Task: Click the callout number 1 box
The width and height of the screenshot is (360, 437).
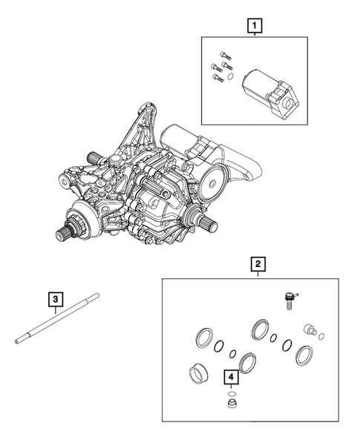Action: (255, 27)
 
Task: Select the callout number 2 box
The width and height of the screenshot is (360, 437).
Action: (258, 263)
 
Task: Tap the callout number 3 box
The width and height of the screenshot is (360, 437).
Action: (56, 300)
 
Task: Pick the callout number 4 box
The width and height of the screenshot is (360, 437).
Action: (232, 376)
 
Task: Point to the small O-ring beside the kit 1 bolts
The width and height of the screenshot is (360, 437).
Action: (231, 76)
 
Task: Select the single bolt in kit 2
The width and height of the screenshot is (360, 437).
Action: (285, 300)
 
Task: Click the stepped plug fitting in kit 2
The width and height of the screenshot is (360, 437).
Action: (310, 330)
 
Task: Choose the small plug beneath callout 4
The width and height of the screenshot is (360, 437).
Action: (233, 405)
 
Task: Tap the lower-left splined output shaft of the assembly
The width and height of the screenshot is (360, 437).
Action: (68, 233)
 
